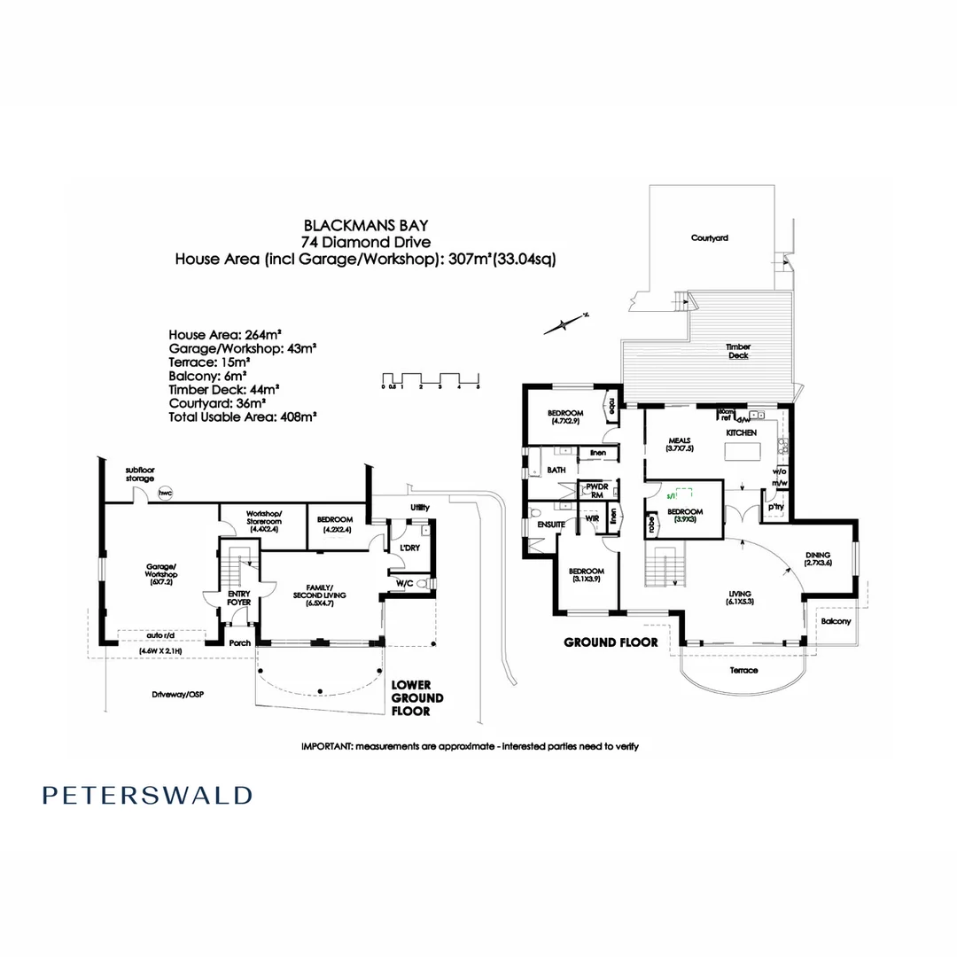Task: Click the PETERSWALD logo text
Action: [147, 795]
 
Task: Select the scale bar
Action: [431, 381]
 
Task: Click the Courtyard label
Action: [710, 238]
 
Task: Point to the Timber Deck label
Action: [738, 352]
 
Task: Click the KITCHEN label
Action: [741, 432]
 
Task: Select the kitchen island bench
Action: [743, 452]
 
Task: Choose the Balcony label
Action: [835, 622]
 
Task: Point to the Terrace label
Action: [743, 670]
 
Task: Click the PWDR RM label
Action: [590, 491]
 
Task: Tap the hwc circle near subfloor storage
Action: [164, 492]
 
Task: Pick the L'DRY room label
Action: [408, 549]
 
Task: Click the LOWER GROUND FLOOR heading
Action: [417, 698]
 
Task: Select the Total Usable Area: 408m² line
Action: [243, 415]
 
